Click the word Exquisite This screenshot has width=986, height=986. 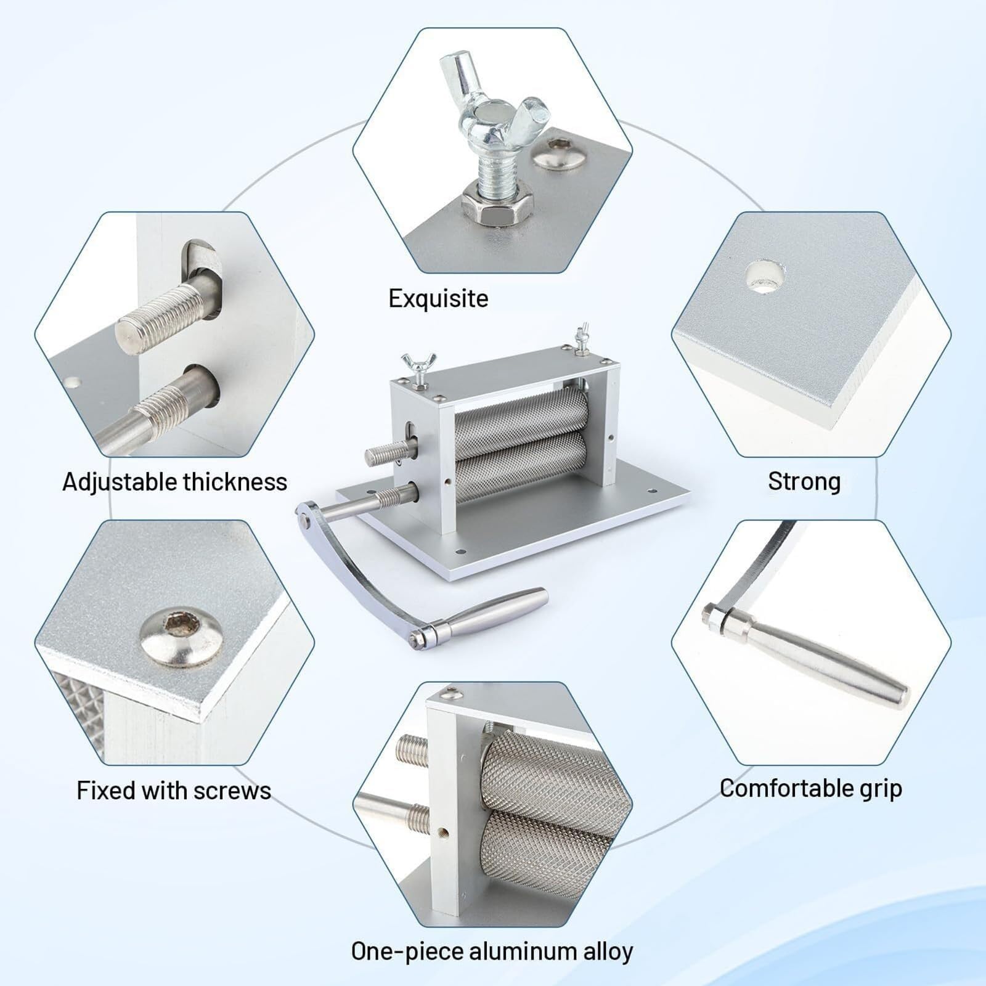[438, 299]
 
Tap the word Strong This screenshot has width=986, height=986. [804, 481]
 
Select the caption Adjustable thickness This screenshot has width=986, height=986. [175, 482]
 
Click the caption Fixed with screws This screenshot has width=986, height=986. [174, 791]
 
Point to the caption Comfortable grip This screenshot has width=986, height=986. [811, 789]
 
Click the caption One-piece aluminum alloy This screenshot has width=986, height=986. [492, 951]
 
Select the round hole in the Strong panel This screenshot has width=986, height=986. [766, 275]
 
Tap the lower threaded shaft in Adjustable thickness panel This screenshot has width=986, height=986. [160, 407]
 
